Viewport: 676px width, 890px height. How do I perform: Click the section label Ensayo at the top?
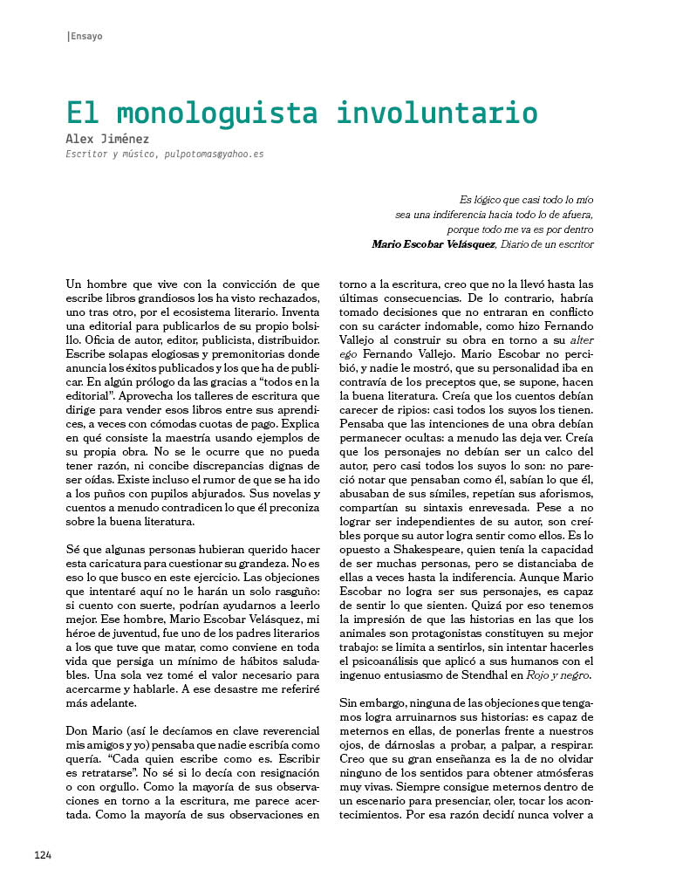point(86,36)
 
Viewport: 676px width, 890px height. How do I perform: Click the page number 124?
point(44,855)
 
